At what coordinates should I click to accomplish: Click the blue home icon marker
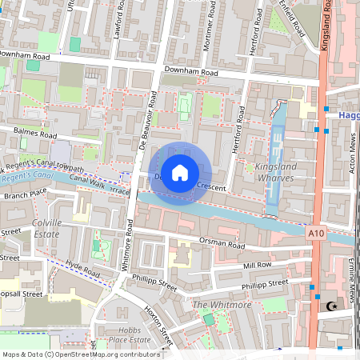180,173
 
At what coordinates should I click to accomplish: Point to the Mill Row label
258,264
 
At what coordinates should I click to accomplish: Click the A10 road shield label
316,232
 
